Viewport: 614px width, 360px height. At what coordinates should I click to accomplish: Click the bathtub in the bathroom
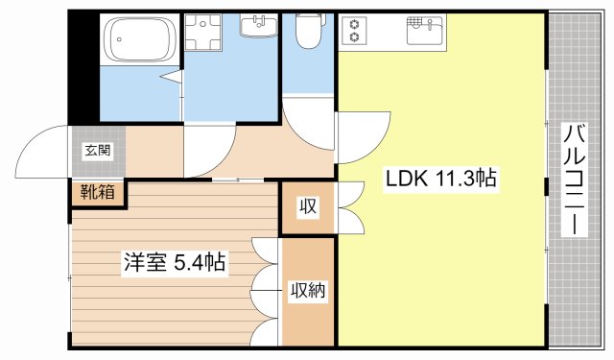(140, 39)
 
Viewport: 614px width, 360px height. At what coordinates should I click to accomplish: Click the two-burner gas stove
(354, 31)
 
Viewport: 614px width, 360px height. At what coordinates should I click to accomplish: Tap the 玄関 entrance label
(96, 150)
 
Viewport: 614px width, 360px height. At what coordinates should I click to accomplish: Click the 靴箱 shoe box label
(97, 192)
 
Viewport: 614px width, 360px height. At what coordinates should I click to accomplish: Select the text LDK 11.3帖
(442, 179)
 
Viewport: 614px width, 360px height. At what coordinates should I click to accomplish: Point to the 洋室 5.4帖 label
(173, 261)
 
